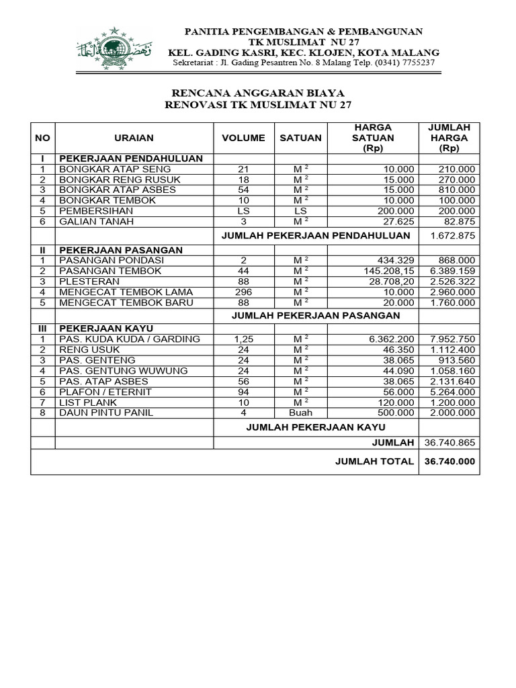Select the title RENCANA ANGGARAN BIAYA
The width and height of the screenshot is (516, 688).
pyautogui.click(x=259, y=93)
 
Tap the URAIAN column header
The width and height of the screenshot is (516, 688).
pyautogui.click(x=134, y=138)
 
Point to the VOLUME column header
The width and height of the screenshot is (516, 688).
pyautogui.click(x=243, y=138)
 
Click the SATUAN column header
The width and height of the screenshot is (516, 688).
pyautogui.click(x=300, y=138)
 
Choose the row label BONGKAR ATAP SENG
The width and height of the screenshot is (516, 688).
pyautogui.click(x=115, y=169)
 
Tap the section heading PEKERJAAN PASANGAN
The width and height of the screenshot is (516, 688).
pyautogui.click(x=121, y=250)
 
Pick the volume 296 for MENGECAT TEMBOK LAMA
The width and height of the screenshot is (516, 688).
pyautogui.click(x=243, y=292)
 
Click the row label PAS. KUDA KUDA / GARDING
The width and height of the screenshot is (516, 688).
pyautogui.click(x=130, y=339)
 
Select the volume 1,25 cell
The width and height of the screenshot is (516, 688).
pyautogui.click(x=243, y=339)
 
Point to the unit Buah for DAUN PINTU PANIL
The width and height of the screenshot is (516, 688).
pyautogui.click(x=300, y=413)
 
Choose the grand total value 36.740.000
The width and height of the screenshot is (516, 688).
pyautogui.click(x=449, y=462)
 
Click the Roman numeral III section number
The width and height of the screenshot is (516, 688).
pyautogui.click(x=42, y=329)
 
